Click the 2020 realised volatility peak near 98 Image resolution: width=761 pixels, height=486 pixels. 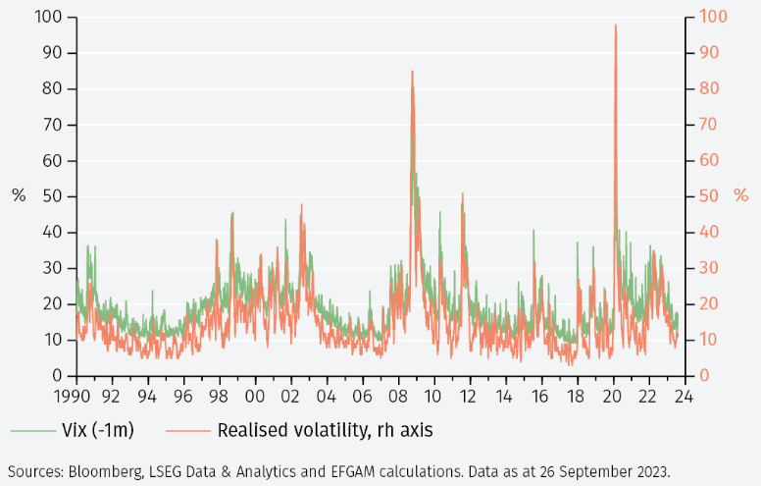coord(615,26)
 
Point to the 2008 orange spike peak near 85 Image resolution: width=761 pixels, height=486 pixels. coord(412,72)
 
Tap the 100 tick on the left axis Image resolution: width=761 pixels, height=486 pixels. coord(49,18)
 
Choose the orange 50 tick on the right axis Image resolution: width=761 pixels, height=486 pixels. coord(707,196)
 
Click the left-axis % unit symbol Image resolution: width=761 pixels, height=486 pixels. coord(19,195)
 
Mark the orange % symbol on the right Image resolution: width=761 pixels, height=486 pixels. coord(740,195)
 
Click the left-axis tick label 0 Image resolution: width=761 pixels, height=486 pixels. coord(58,376)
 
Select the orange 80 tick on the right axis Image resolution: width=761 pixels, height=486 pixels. coord(707,89)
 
